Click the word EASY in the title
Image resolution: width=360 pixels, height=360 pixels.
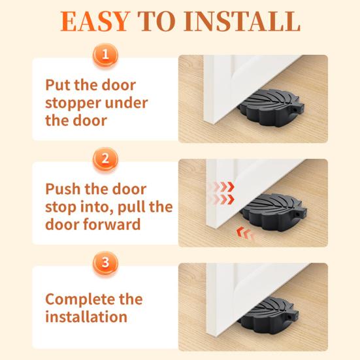point(94,22)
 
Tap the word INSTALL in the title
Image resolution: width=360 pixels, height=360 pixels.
point(242,22)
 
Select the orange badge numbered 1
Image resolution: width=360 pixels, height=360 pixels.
point(105,55)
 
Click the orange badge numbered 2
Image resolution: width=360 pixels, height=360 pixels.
point(105,159)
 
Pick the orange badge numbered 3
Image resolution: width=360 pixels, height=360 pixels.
point(105,263)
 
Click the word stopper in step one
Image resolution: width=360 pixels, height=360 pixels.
point(73,103)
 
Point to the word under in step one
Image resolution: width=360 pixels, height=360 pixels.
point(126,103)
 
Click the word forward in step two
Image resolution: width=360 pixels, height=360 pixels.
point(112,224)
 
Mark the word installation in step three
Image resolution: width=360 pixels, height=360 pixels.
point(86,317)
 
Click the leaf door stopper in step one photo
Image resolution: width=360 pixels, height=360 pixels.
point(271,107)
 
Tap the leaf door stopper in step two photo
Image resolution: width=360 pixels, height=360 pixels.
point(274,212)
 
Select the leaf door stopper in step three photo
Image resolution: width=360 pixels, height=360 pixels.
point(269,315)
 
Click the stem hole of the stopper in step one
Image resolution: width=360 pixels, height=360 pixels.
point(293,110)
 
